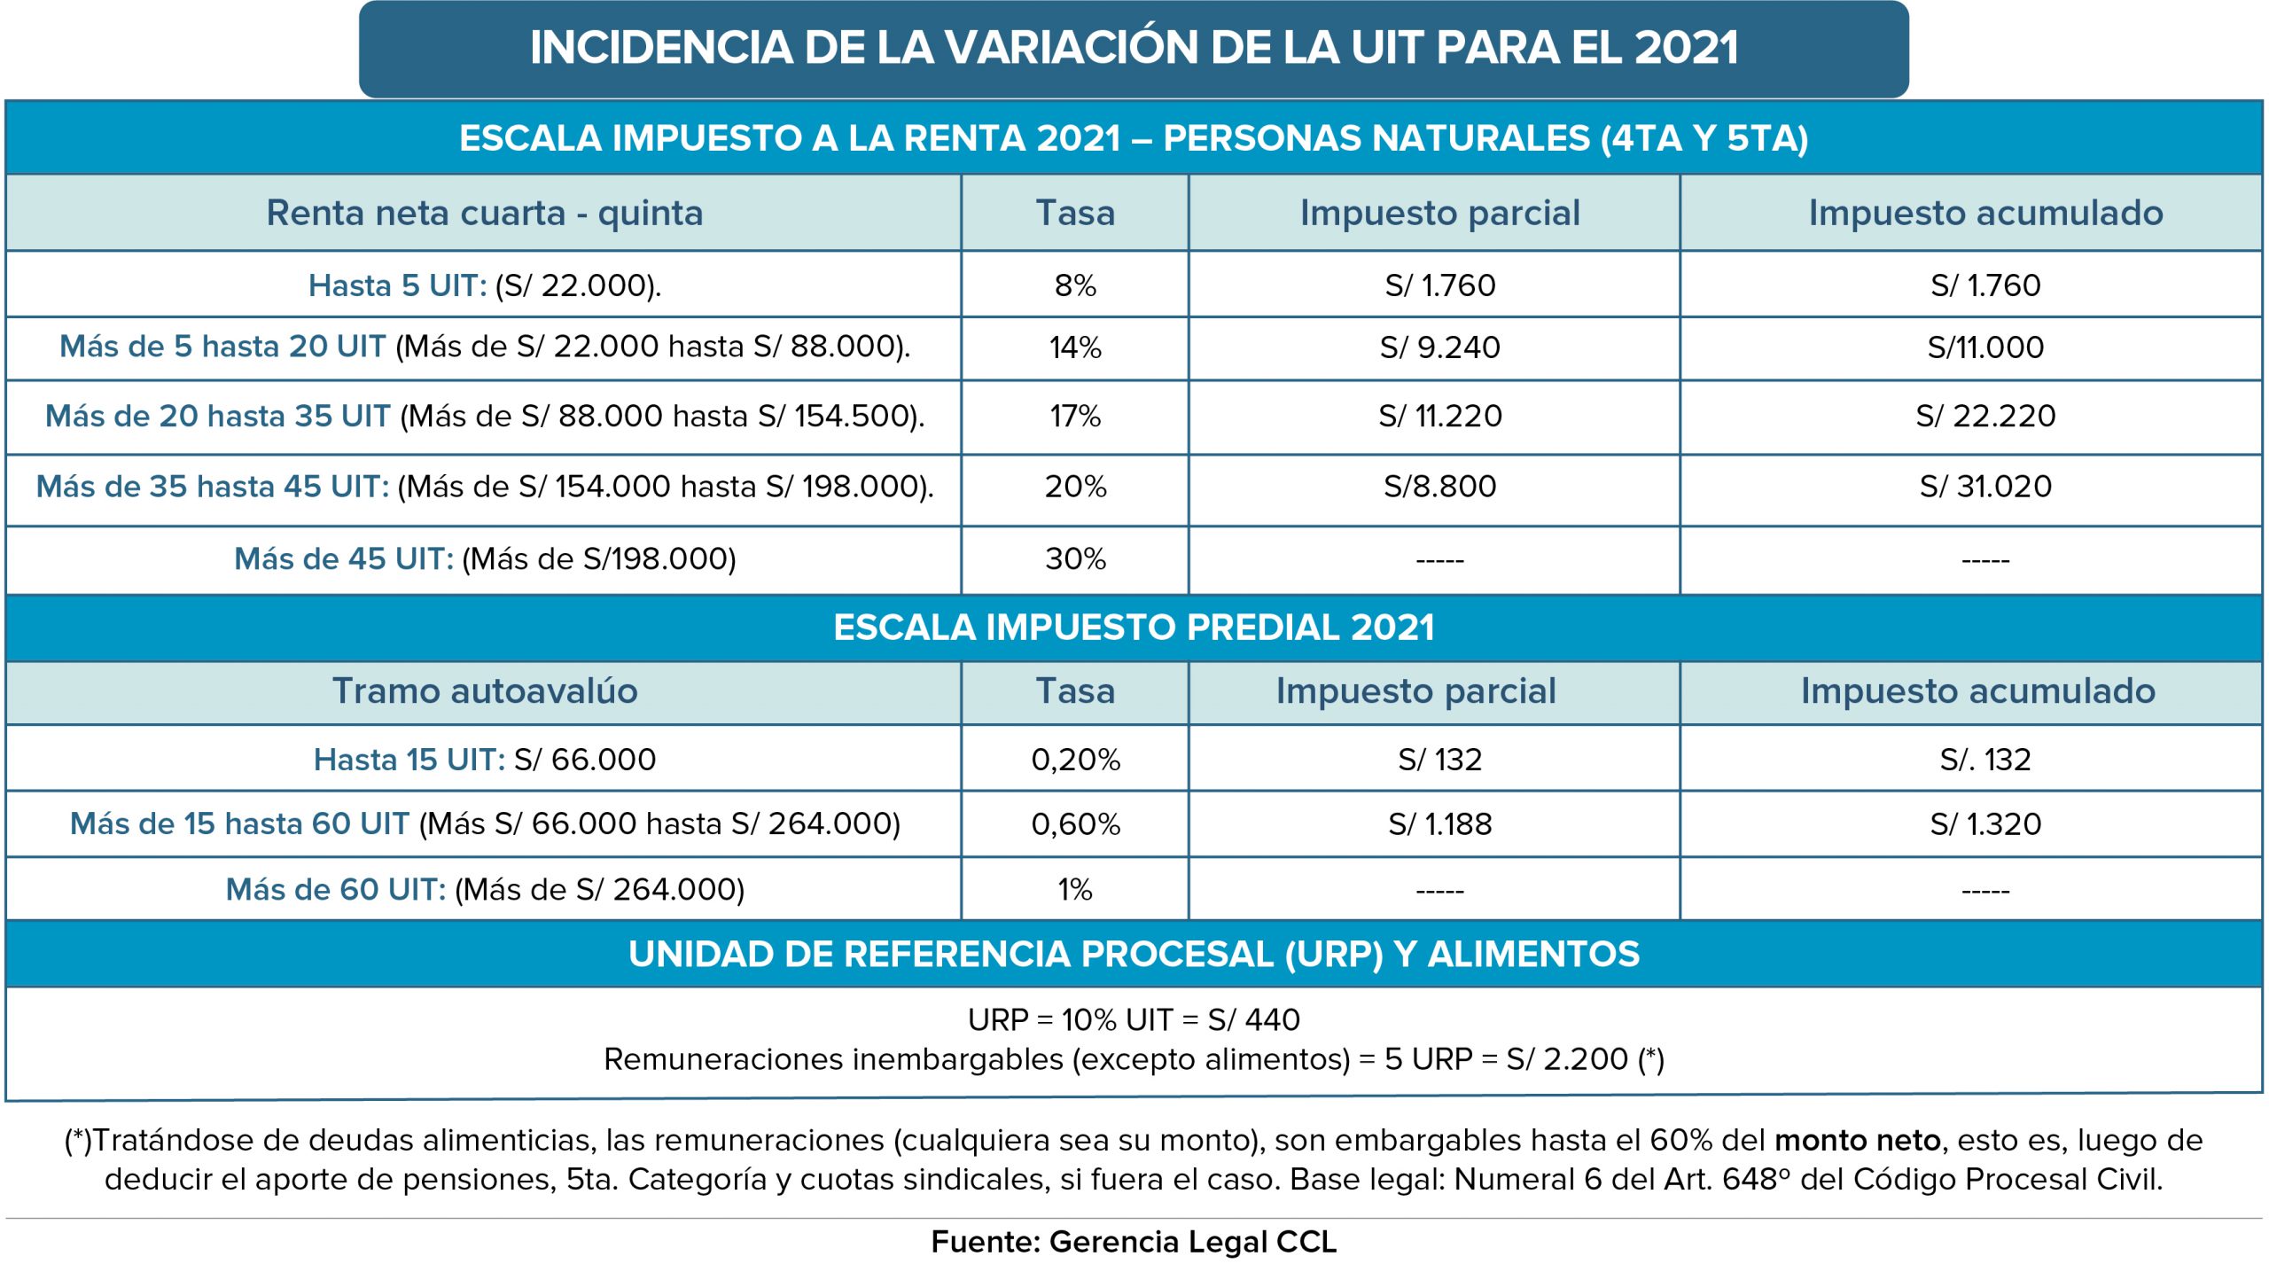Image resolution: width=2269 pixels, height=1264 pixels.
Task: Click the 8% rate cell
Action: coord(1075,285)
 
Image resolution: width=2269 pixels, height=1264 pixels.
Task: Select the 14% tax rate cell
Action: coord(1075,347)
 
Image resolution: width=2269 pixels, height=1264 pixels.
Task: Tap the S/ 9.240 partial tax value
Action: coord(1439,347)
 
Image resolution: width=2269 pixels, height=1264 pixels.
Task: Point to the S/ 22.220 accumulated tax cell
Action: coord(1985,416)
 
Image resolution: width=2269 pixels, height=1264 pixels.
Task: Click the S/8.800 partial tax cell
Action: coord(1439,487)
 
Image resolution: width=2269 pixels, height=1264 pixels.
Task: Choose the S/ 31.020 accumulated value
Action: coord(1985,487)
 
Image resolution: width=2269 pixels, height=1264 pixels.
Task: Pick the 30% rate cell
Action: coord(1075,559)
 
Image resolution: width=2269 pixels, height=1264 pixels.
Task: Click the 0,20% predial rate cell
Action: coord(1075,760)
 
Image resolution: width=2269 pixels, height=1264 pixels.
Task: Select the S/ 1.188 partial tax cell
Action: coord(1439,824)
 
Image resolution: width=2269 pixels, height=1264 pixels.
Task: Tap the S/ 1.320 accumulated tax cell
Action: coord(1985,824)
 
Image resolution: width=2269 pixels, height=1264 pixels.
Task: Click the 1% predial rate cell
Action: coord(1075,889)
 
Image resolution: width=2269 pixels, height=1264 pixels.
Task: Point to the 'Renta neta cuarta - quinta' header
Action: coord(485,213)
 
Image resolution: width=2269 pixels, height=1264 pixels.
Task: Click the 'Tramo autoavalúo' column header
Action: coord(485,691)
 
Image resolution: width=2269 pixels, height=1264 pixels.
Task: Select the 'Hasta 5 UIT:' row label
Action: coord(398,285)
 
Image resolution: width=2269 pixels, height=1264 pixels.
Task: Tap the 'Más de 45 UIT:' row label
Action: coord(344,559)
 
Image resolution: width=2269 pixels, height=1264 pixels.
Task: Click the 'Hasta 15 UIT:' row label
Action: coord(409,760)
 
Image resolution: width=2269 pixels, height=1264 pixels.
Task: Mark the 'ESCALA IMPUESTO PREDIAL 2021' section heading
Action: coord(1134,628)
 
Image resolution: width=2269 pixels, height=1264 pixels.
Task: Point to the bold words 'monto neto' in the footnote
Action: coord(1858,1140)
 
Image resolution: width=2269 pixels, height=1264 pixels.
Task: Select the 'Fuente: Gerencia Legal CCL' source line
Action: coord(1134,1242)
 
